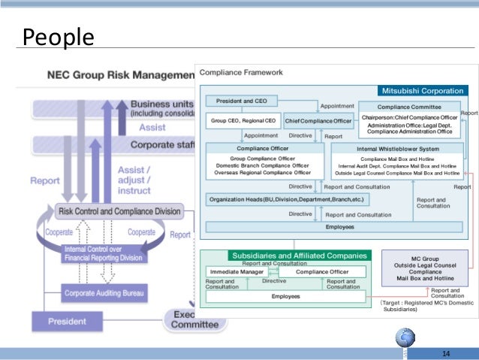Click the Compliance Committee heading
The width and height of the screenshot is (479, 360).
click(x=408, y=107)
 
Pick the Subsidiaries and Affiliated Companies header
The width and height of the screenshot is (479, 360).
click(x=300, y=256)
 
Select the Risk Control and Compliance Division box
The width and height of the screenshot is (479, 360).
click(x=120, y=211)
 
